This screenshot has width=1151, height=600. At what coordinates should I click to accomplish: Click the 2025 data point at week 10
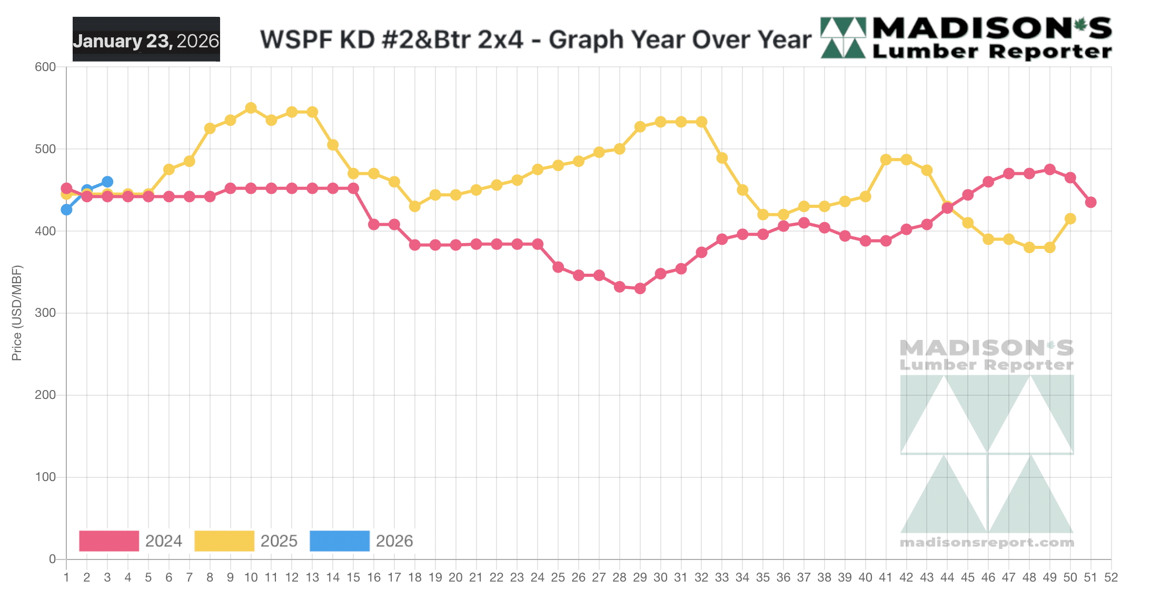(x=251, y=108)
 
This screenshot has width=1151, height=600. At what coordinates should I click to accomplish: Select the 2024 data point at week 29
(x=640, y=288)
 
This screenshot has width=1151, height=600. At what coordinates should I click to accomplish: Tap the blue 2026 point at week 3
(x=107, y=182)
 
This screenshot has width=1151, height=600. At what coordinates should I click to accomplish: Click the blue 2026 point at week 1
(x=66, y=209)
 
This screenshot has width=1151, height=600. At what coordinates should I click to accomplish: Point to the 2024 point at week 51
(x=1090, y=202)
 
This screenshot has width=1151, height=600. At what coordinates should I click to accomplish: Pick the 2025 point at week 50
(x=1070, y=218)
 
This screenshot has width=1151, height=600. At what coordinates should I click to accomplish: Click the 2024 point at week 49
(x=1049, y=169)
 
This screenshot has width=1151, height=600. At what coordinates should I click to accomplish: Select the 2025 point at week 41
(x=886, y=159)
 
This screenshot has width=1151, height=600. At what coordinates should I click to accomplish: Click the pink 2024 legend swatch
(x=109, y=541)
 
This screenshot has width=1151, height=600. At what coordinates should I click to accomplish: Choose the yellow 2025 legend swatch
(x=224, y=541)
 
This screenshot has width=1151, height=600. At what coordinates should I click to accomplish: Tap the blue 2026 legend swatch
(x=340, y=541)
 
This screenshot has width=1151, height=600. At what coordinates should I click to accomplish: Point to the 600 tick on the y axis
(x=45, y=67)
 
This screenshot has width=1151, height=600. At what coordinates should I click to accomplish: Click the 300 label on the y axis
(x=45, y=313)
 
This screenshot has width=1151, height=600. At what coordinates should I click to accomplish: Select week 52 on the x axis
(x=1111, y=577)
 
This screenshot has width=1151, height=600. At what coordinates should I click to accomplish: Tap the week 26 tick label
(x=578, y=577)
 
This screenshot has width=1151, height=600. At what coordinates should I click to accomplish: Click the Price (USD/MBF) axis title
(x=17, y=313)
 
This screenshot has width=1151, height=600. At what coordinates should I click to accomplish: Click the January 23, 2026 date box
(x=146, y=39)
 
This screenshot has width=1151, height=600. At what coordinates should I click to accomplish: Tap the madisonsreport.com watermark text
(x=987, y=542)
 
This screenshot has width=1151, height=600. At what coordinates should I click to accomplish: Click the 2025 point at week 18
(x=414, y=206)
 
